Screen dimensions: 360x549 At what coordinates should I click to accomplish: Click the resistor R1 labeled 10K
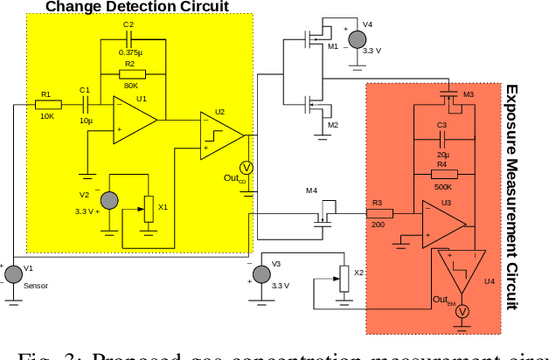[48, 105]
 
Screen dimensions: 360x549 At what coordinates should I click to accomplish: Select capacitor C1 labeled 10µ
[87, 105]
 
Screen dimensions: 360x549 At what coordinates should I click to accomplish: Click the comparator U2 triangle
[221, 135]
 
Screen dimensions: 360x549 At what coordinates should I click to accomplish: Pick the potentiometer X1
[149, 209]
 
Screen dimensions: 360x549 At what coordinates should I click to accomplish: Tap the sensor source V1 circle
[13, 274]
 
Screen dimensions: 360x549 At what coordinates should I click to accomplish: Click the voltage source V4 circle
[356, 38]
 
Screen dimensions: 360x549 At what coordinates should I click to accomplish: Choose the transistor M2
[312, 107]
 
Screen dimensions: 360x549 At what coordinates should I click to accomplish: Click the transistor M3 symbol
[448, 96]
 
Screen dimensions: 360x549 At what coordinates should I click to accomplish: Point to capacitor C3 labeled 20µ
[443, 139]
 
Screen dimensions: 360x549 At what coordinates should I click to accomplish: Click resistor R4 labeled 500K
[443, 174]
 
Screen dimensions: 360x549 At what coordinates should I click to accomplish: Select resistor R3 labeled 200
[379, 213]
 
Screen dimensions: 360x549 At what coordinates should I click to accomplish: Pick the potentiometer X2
[344, 279]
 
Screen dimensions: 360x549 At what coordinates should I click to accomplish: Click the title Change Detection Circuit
[137, 7]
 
